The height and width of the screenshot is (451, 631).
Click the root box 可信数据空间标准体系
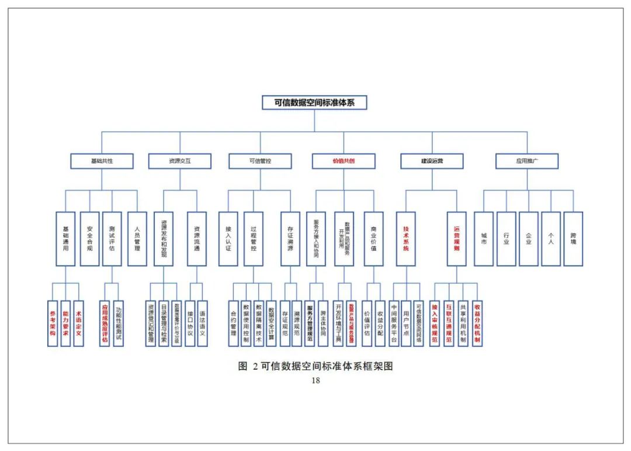[314, 102]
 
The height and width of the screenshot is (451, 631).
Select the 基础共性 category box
[102, 160]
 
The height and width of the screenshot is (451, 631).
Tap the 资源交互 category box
[179, 160]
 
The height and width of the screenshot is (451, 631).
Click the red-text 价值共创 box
[344, 160]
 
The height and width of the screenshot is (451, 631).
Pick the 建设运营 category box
[432, 160]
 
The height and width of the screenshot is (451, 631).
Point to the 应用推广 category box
[526, 160]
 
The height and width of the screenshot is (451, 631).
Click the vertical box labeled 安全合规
[89, 239]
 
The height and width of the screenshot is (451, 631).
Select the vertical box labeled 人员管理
[137, 239]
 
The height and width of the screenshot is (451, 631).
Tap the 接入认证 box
[228, 239]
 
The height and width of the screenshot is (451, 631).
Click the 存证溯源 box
[290, 239]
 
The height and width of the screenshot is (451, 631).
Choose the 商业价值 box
[373, 239]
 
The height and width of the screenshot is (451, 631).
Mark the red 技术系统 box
[405, 239]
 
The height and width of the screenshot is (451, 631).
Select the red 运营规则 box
[456, 239]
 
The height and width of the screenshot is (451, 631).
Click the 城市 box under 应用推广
[483, 239]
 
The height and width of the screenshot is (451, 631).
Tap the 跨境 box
[573, 239]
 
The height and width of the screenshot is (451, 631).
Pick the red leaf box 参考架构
[53, 323]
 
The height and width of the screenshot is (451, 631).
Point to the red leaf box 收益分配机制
[477, 323]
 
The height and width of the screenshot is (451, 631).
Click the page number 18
[315, 380]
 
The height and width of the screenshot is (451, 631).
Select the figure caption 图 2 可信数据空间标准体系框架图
[315, 366]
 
